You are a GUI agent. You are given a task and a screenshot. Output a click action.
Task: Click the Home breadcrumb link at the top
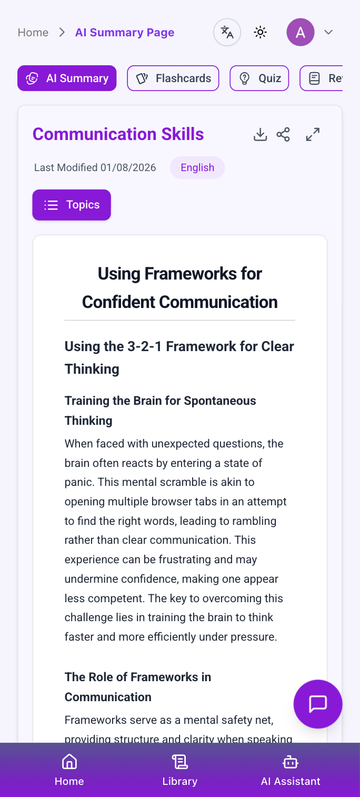[x=33, y=33]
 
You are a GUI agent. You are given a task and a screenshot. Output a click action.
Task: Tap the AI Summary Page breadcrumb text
[x=125, y=33]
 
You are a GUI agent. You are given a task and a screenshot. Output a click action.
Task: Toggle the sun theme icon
[x=260, y=33]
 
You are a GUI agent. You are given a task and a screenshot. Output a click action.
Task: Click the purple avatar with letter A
[x=300, y=32]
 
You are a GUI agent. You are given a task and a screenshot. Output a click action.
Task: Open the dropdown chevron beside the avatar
[x=328, y=33]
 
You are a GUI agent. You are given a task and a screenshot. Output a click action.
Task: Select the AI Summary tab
[x=67, y=78]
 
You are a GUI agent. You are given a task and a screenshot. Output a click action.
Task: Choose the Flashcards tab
[x=173, y=78]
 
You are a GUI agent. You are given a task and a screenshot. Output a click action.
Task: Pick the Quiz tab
[x=259, y=78]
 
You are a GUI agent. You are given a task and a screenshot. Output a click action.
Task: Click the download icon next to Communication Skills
[x=260, y=134]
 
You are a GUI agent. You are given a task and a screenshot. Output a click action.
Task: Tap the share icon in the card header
[x=283, y=134]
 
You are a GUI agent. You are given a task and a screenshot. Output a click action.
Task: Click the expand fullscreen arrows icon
[x=313, y=134]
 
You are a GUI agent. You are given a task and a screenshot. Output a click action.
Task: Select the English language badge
[x=197, y=167]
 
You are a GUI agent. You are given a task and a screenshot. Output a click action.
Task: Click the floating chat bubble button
[x=318, y=704]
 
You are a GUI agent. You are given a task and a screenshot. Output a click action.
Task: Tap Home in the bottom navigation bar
[x=69, y=770]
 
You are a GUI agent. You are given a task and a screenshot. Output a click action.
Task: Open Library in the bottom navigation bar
[x=180, y=770]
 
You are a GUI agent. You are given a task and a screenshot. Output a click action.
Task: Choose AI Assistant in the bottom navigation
[x=291, y=770]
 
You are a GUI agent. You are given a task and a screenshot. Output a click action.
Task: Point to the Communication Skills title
[x=118, y=134]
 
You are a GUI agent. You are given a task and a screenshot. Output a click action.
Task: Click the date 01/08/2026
[x=128, y=167]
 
